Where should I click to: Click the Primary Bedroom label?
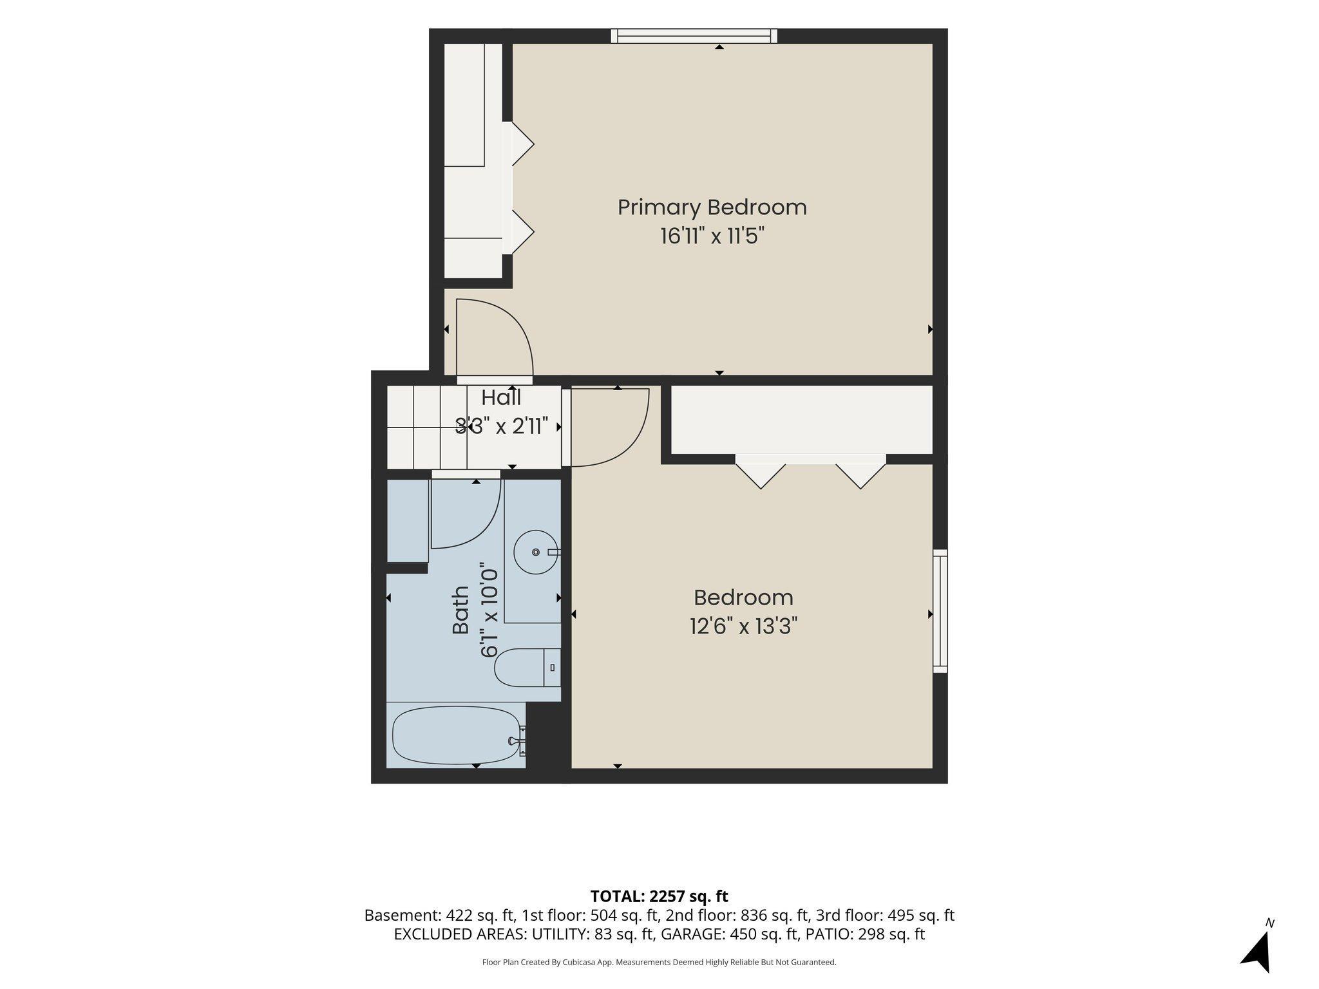712,207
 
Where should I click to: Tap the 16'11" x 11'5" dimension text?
712,236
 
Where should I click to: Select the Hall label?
501,397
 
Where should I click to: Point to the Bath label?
460,610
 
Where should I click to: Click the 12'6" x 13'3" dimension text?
743,626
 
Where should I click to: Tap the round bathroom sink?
536,552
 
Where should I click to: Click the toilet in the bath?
527,667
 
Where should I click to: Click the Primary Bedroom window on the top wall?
694,36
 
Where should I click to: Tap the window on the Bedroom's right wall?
940,611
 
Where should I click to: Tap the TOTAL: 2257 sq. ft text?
659,896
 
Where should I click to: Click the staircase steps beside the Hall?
426,427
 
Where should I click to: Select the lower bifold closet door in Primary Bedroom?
522,232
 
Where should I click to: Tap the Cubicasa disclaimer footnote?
659,963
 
